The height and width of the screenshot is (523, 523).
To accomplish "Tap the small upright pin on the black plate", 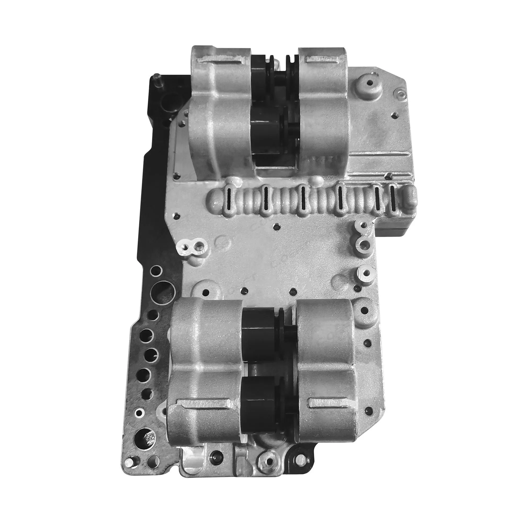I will (x=157, y=80).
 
